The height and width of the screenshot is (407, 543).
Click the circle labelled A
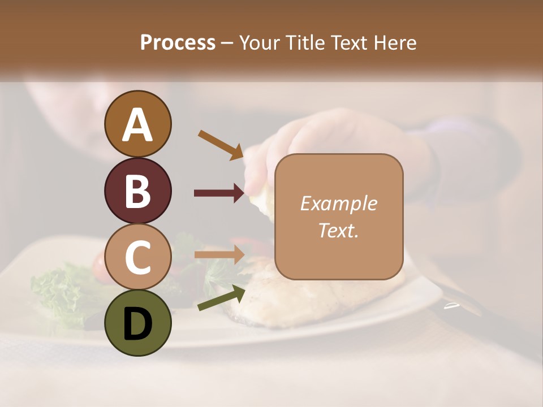[137, 124]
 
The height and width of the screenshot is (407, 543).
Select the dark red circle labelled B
[137, 190]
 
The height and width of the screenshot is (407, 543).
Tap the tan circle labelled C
[137, 257]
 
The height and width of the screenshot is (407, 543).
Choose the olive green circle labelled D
[137, 323]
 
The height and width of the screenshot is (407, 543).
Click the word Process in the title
[178, 43]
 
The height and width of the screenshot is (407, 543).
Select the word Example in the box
[338, 203]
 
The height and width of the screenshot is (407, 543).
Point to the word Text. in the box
[338, 230]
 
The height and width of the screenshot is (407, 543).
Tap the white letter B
[137, 191]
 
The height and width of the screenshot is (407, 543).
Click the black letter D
[137, 323]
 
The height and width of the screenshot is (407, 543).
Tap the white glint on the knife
[451, 306]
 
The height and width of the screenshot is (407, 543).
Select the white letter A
[137, 124]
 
